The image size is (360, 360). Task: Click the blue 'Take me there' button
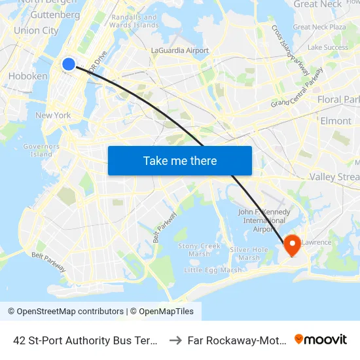click(x=180, y=160)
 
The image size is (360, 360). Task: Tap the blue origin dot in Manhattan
click(x=69, y=63)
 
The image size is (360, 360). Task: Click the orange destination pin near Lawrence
click(x=292, y=245)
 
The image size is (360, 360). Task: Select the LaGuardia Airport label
click(x=180, y=50)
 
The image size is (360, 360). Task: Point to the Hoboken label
click(x=27, y=76)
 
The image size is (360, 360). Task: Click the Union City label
click(x=36, y=30)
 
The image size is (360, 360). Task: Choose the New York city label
click(x=53, y=115)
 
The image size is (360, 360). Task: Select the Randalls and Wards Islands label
click(x=135, y=21)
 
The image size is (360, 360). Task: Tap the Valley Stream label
click(x=334, y=177)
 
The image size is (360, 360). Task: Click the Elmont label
click(x=336, y=120)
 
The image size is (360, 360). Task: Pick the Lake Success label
click(x=328, y=47)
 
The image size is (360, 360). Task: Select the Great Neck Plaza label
click(x=319, y=27)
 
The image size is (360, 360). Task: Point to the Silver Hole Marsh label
click(x=249, y=253)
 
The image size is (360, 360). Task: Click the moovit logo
click(x=321, y=339)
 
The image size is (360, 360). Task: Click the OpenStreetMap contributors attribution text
click(x=66, y=312)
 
